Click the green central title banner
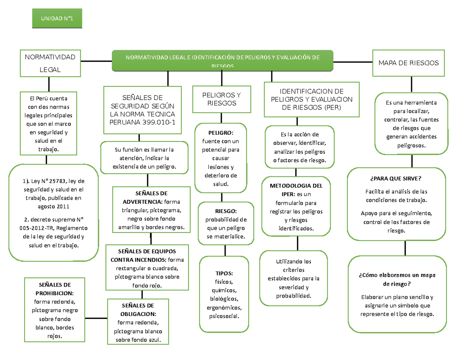click(222, 61)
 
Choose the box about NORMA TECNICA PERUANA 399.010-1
click(143, 110)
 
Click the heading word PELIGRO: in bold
click(221, 132)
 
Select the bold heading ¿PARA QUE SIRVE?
click(396, 179)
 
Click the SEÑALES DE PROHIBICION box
click(54, 310)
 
